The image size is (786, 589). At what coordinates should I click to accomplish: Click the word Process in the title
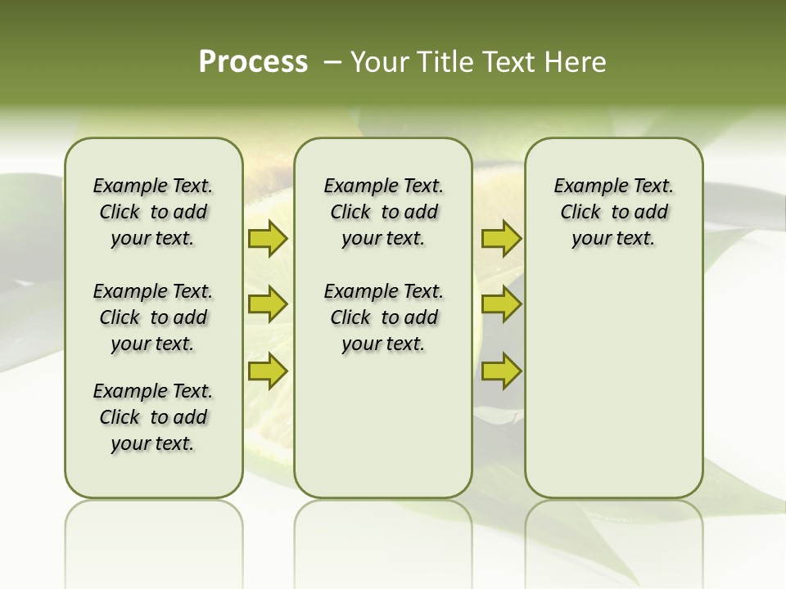pyautogui.click(x=253, y=62)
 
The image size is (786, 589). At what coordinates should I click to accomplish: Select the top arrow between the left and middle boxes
pyautogui.click(x=268, y=238)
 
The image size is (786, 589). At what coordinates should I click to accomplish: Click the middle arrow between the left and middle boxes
pyautogui.click(x=268, y=304)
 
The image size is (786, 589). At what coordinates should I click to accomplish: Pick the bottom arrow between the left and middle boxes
pyautogui.click(x=268, y=371)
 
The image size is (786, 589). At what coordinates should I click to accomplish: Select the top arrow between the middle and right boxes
pyautogui.click(x=501, y=238)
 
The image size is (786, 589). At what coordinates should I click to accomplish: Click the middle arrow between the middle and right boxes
pyautogui.click(x=501, y=304)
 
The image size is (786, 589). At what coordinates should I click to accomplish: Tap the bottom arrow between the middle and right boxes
pyautogui.click(x=501, y=371)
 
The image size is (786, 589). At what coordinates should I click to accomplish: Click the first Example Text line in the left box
pyautogui.click(x=153, y=186)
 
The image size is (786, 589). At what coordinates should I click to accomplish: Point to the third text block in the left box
pyautogui.click(x=153, y=417)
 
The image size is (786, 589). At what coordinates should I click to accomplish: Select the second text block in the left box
pyautogui.click(x=153, y=317)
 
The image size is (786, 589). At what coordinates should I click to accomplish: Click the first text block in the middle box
pyautogui.click(x=383, y=212)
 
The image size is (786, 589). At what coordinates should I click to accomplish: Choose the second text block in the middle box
pyautogui.click(x=383, y=317)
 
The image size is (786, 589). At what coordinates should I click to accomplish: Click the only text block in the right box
pyautogui.click(x=613, y=212)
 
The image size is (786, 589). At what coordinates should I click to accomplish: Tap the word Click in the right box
pyautogui.click(x=580, y=212)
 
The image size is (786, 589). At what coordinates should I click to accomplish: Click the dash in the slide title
pyautogui.click(x=332, y=62)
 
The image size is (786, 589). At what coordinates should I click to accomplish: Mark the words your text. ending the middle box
pyautogui.click(x=383, y=344)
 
